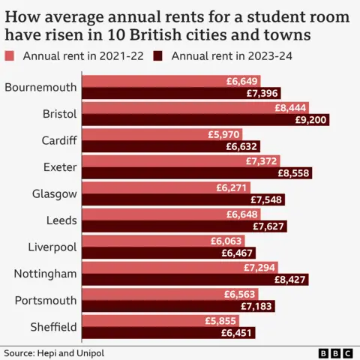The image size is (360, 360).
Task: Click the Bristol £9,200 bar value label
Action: pos(310,120)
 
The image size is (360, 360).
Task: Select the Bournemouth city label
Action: pos(40,87)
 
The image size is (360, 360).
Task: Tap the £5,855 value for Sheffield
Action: pos(221,320)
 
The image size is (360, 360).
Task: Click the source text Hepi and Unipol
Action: pos(52,352)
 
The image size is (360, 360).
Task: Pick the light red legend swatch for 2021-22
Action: pos(10,56)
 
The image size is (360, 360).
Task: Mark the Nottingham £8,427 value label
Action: pos(289,280)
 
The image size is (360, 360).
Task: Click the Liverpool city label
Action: pos(52,247)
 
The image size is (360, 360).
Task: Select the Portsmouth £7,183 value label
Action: pos(256,307)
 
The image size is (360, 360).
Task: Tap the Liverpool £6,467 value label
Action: pos(236,253)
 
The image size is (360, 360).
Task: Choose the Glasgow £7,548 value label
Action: pos(266,200)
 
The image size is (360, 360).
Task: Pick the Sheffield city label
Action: pos(52,326)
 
